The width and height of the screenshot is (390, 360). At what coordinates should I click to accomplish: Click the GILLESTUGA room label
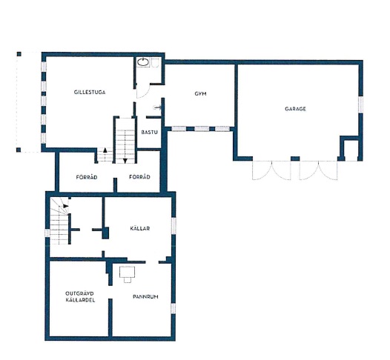(90, 92)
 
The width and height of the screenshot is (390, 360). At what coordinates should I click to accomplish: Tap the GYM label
(200, 93)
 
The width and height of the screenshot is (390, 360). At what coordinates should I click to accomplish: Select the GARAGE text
(295, 109)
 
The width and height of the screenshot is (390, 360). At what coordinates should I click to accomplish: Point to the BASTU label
(149, 132)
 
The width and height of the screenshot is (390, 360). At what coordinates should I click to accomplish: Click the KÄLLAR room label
(140, 228)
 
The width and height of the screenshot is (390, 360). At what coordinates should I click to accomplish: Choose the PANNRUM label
(145, 296)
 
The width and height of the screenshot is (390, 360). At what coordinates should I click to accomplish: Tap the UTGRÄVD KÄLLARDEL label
(80, 296)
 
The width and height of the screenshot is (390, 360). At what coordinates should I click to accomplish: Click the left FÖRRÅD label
(87, 177)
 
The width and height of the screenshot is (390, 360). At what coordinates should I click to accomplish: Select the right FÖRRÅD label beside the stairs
(139, 176)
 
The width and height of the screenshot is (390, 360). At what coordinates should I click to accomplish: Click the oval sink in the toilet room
(143, 62)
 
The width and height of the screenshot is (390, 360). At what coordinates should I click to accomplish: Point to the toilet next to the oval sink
(155, 63)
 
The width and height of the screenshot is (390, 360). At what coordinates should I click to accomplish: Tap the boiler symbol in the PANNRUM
(128, 274)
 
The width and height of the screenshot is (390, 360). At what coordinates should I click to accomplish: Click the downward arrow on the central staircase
(125, 161)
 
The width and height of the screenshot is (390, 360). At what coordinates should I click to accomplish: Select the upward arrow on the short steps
(105, 150)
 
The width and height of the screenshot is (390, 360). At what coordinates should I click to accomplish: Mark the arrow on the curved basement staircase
(66, 206)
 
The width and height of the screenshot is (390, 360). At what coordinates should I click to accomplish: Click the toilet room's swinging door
(144, 91)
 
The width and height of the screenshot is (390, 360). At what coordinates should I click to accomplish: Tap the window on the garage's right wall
(360, 104)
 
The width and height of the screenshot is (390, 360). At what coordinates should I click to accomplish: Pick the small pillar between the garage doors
(295, 159)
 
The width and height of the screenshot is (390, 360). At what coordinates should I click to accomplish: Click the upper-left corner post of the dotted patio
(19, 54)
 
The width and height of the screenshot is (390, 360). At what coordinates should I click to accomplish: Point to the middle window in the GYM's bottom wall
(202, 129)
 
